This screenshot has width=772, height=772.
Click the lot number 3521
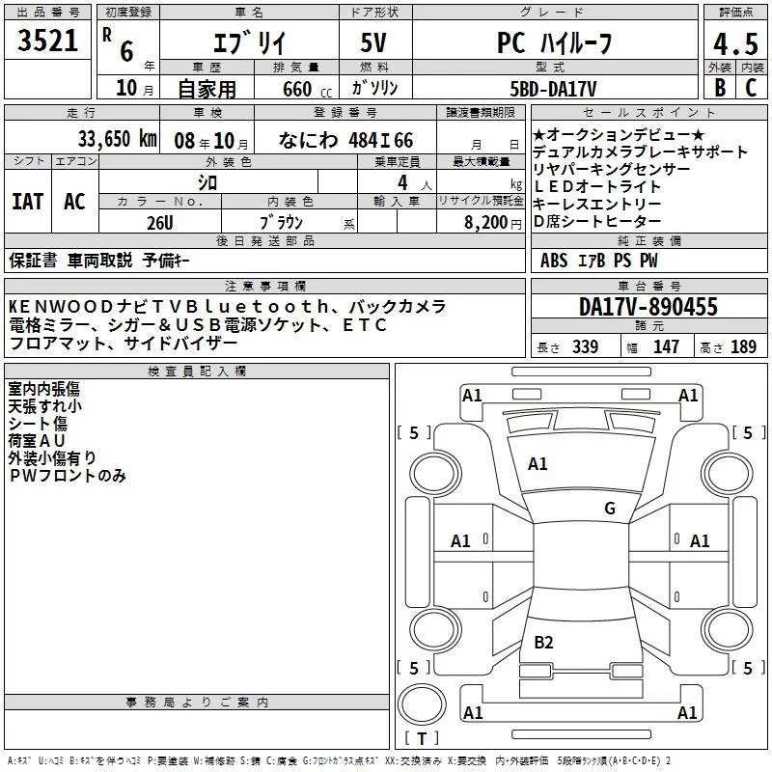[x=47, y=41]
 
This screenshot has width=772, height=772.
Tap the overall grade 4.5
[x=735, y=43]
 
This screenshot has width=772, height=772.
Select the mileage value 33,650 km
[x=117, y=139]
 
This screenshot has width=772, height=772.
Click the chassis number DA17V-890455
[x=648, y=307]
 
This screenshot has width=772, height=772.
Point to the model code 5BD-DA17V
[x=553, y=89]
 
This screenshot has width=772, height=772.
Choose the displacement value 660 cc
[x=307, y=90]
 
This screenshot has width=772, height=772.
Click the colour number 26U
[x=160, y=223]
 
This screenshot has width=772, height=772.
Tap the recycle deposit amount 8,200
[x=485, y=223]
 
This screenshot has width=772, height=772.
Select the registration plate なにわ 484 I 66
[x=345, y=140]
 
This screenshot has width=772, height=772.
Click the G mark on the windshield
[x=610, y=509]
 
